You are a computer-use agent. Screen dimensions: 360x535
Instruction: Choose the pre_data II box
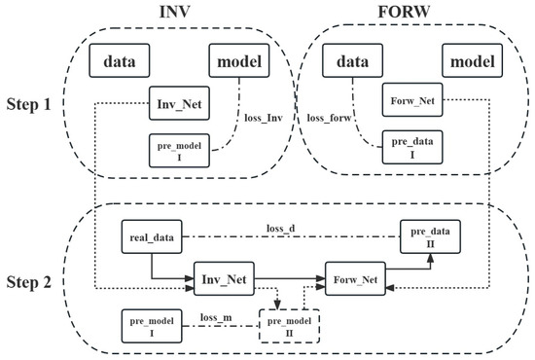pyautogui.click(x=430, y=236)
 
